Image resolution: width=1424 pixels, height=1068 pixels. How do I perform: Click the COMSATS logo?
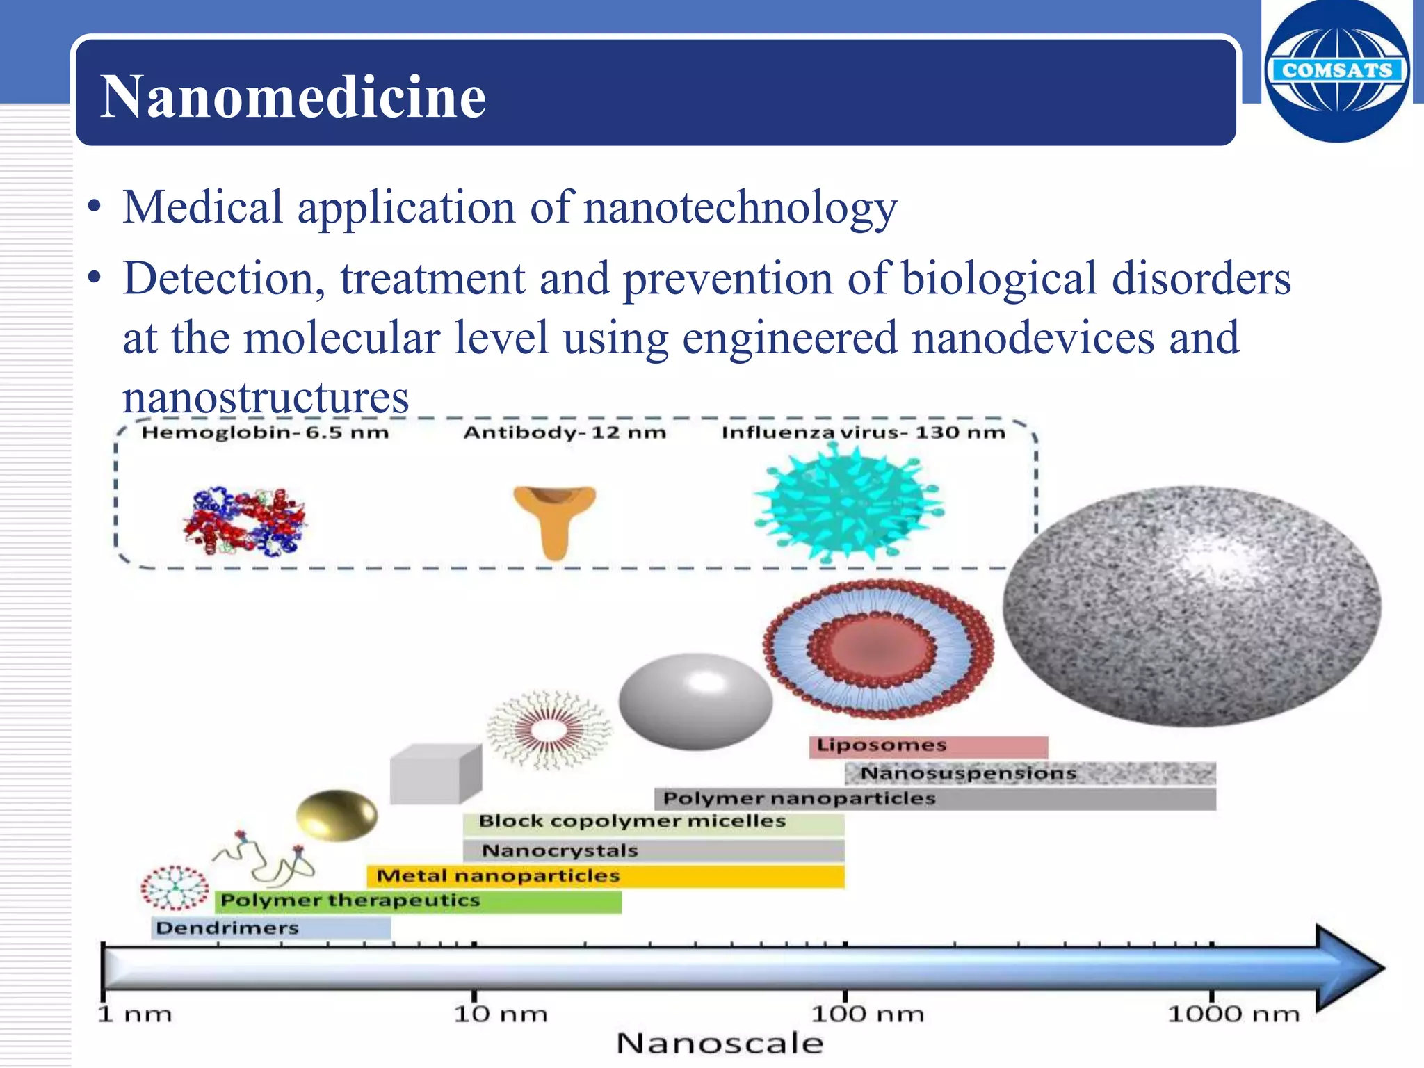(x=1336, y=71)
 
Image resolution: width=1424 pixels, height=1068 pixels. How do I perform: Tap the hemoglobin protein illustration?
(x=244, y=521)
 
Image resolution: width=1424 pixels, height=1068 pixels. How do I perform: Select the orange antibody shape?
(x=554, y=518)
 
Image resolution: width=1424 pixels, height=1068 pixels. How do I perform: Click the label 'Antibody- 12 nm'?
(x=565, y=432)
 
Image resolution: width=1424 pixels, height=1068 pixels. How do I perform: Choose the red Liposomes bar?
(x=928, y=746)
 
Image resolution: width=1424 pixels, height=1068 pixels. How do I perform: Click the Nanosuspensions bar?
(x=1030, y=773)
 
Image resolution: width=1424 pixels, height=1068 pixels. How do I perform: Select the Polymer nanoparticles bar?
(x=934, y=798)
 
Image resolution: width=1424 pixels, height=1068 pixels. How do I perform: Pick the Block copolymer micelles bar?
(x=653, y=822)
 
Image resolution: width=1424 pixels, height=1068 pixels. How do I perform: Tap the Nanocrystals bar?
(x=653, y=850)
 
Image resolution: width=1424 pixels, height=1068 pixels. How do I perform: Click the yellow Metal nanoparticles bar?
(x=605, y=876)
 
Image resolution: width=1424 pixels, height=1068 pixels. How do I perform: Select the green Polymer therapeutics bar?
(x=418, y=901)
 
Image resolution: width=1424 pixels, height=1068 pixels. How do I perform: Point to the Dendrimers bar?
(x=270, y=928)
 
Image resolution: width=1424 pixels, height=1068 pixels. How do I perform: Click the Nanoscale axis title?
(x=720, y=1044)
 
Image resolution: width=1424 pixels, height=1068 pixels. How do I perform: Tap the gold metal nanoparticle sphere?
(x=337, y=815)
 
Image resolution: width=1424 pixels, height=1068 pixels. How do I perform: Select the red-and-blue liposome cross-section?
(x=879, y=648)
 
